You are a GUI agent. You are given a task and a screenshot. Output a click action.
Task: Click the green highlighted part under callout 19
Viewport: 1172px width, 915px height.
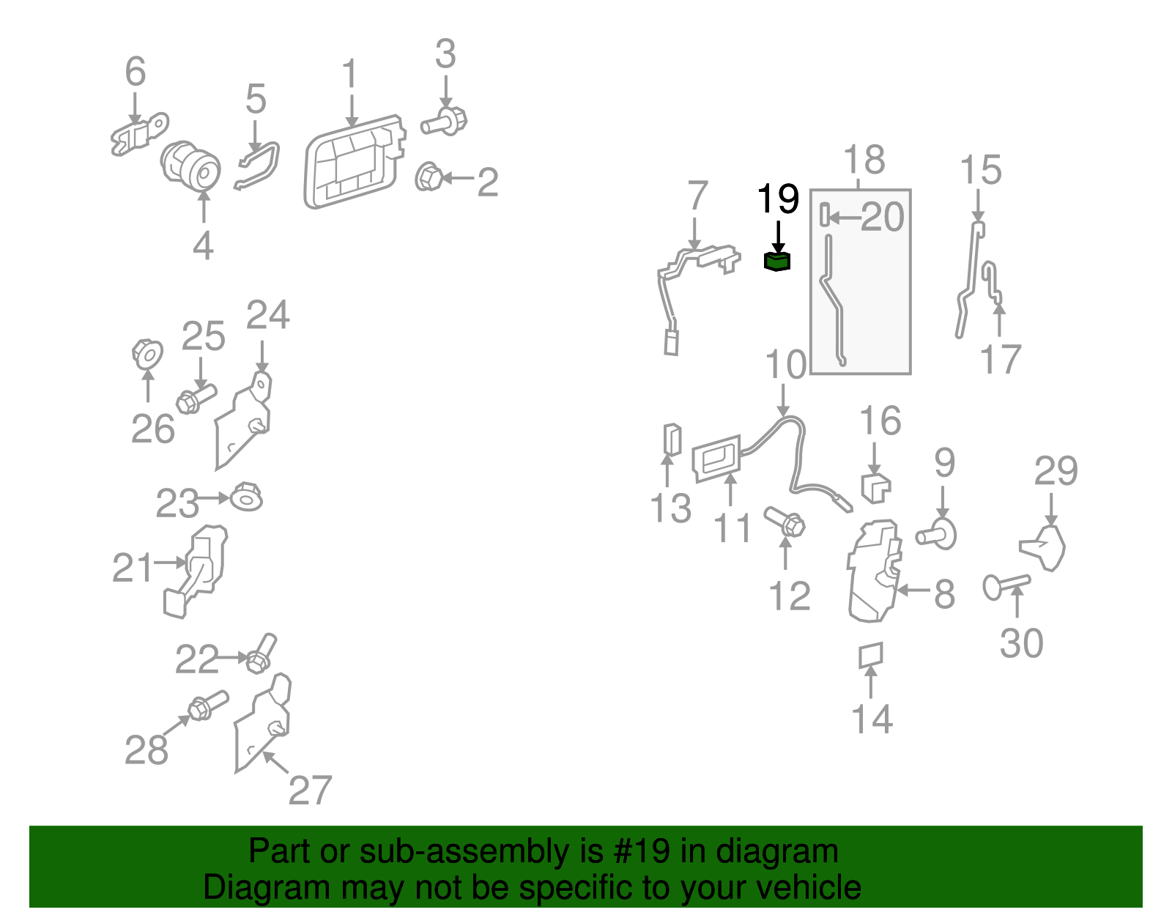pos(777,262)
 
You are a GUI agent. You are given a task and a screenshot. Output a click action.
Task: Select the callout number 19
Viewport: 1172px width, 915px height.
pos(778,199)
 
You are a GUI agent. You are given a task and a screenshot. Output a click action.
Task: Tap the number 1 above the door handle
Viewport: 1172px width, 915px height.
pos(350,73)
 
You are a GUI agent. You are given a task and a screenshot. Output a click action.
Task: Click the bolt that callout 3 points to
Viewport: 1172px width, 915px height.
pos(444,122)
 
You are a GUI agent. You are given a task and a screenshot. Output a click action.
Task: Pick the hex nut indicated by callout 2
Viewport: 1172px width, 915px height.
pos(429,177)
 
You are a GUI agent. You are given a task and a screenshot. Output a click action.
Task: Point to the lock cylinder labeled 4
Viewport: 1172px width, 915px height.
pos(191,166)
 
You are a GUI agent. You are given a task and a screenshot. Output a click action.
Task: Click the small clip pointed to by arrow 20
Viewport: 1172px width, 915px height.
pos(825,215)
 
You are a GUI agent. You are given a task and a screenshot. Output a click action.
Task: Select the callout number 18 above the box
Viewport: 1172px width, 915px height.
pos(864,160)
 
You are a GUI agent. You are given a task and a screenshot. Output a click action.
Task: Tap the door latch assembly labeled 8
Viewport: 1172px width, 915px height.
pos(874,571)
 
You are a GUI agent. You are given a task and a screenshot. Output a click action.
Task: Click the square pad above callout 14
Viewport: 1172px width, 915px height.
pos(871,655)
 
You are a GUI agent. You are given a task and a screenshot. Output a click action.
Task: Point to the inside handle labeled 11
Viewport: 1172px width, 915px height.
pos(717,459)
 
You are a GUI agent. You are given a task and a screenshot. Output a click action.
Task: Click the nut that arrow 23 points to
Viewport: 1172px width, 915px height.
pos(246,497)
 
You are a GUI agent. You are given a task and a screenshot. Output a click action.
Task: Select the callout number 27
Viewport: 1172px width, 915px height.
pos(310,790)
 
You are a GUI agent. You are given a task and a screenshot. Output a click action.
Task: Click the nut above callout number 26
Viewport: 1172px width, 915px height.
pos(148,354)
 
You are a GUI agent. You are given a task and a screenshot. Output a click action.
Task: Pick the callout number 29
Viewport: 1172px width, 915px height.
pos(1056,471)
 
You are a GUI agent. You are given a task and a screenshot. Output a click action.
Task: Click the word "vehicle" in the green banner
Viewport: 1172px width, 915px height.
pos(809,887)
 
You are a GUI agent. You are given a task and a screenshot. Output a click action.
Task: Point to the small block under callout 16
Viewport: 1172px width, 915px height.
pos(876,488)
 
